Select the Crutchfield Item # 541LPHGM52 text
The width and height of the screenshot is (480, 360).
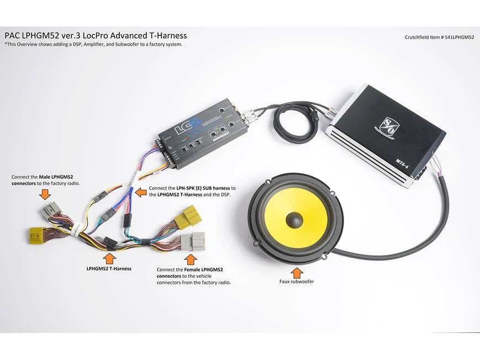pos(439,37)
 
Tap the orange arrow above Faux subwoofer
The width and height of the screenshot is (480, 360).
pos(297,273)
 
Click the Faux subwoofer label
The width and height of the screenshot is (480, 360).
pos(297,282)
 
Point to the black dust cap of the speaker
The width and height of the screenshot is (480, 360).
pos(294,220)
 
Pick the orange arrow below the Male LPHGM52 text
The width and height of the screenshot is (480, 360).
pos(45,194)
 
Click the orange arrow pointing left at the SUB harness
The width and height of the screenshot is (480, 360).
pos(141,192)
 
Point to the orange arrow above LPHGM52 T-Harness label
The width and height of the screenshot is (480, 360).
pos(109,258)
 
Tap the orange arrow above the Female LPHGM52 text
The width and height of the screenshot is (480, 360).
pos(191,259)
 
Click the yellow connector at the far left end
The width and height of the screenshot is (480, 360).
pos(36,236)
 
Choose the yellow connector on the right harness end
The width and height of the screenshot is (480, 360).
pos(188,217)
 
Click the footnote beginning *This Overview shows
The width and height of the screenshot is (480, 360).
pos(94,44)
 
